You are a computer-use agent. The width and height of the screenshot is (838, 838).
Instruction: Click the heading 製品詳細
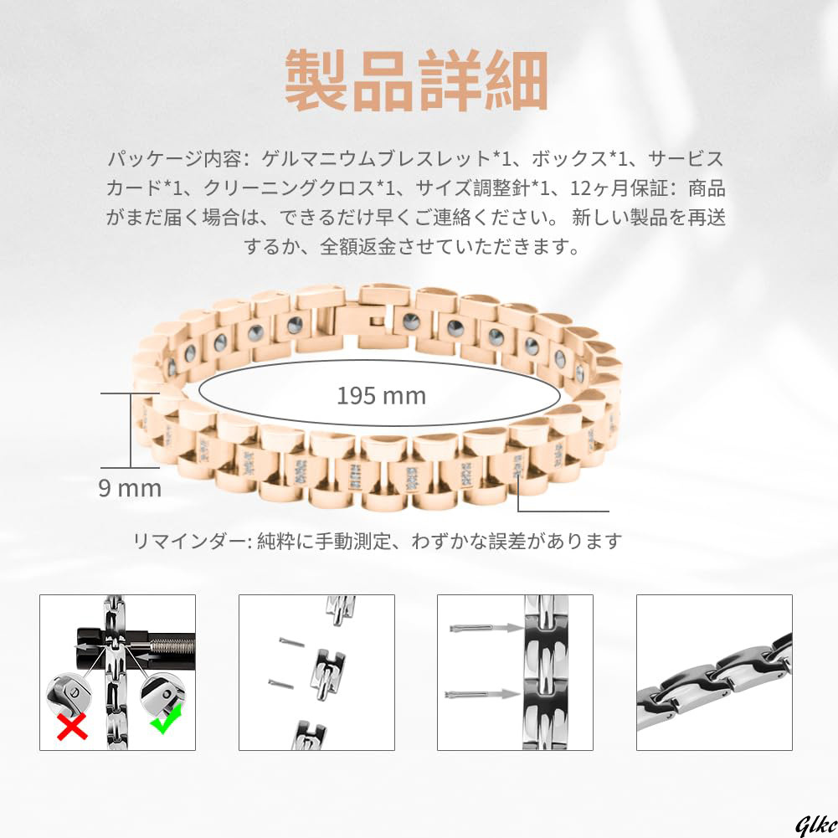[x=416, y=81]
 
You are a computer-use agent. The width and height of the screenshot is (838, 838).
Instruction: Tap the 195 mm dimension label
[x=381, y=395]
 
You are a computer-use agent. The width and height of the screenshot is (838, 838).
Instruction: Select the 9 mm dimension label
[x=130, y=488]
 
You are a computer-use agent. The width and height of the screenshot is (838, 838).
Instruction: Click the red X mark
[x=73, y=727]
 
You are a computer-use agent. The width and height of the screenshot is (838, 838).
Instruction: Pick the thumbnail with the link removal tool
[x=117, y=672]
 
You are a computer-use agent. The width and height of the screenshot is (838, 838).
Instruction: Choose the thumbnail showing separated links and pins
[x=316, y=672]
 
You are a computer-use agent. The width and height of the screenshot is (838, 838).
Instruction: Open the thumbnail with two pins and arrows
[x=515, y=672]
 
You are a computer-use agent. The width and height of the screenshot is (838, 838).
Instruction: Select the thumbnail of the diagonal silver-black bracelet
[x=714, y=672]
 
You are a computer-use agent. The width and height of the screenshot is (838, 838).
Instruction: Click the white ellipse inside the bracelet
[x=381, y=395]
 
